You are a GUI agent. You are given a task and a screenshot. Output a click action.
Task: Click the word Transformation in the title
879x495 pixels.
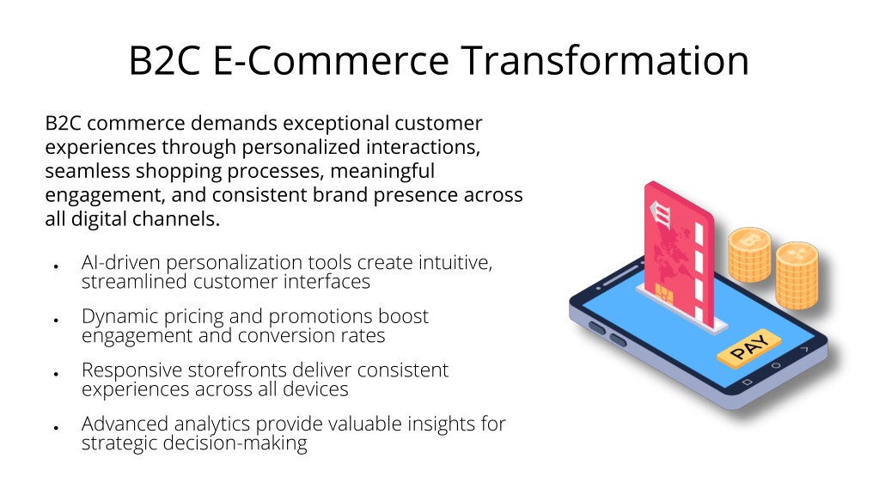point(605,60)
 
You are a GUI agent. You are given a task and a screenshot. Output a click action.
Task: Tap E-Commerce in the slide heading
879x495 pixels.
point(331,60)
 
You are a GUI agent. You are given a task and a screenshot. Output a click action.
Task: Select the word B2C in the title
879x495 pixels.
point(164,60)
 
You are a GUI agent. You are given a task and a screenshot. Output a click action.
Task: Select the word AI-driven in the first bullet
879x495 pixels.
point(121,262)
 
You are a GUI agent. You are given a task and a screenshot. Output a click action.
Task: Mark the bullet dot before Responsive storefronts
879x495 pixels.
point(56,374)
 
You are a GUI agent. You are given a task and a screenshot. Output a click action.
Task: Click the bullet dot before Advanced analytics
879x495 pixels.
point(56,428)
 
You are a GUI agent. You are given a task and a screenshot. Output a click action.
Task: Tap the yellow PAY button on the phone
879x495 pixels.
point(749,348)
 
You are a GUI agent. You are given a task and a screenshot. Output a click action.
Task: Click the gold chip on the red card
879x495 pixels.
point(664,292)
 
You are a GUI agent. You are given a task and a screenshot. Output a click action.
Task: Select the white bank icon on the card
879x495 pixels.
point(661,214)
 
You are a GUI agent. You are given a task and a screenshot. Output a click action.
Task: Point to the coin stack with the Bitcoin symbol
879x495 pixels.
point(749,254)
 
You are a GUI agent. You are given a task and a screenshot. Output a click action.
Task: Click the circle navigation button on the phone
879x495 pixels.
point(776,366)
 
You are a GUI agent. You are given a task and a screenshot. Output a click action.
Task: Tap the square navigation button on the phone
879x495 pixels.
point(747,382)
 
